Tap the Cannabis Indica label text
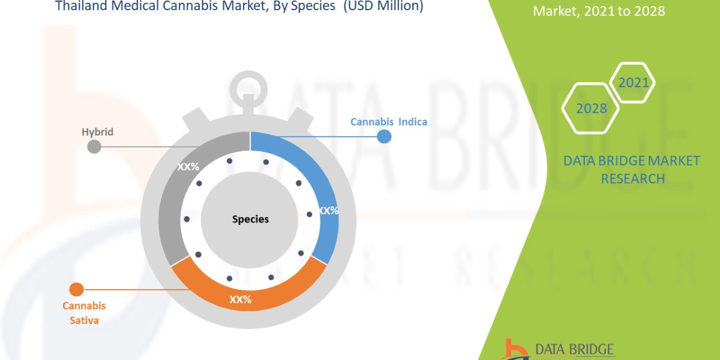pos(389,122)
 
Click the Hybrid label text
pos(97,132)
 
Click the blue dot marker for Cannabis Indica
pos(384,137)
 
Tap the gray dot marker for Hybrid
pos(94,146)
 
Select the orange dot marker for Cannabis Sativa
pos(77,290)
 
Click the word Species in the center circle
pos(250,220)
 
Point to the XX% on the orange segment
pos(240,299)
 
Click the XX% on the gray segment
pos(188,167)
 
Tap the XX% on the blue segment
pos(328,211)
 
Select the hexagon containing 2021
pos(633,83)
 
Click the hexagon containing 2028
pos(591,109)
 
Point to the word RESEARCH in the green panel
pos(632,179)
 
